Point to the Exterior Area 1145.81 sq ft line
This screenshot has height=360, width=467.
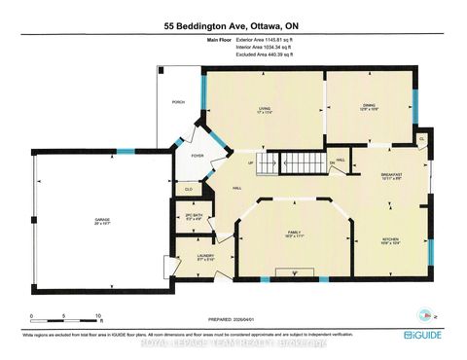click(x=265, y=41)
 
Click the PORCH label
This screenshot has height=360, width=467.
click(x=178, y=100)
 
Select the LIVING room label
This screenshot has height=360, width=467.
click(x=262, y=109)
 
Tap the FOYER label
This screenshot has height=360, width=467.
click(x=198, y=154)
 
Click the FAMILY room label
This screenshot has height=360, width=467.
click(x=295, y=234)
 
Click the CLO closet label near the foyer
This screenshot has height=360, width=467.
click(x=189, y=189)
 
